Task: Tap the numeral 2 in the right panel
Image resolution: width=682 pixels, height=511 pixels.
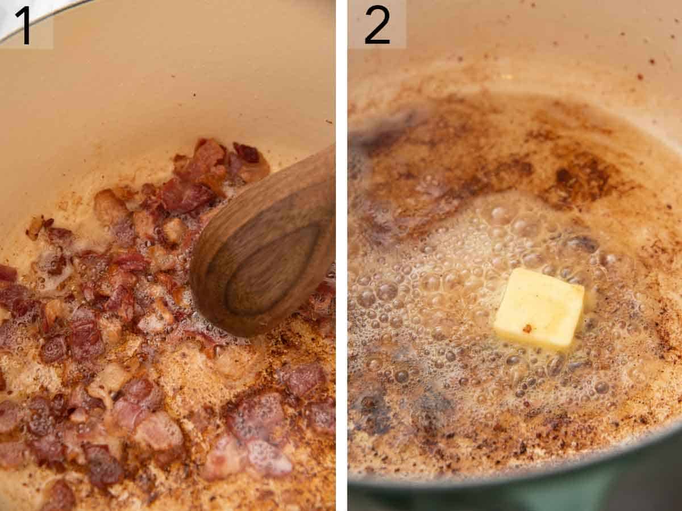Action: [x=377, y=24]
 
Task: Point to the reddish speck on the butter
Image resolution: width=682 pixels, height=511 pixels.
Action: [x=527, y=328]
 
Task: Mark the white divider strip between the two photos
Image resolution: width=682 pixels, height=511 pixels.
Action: [x=341, y=256]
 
